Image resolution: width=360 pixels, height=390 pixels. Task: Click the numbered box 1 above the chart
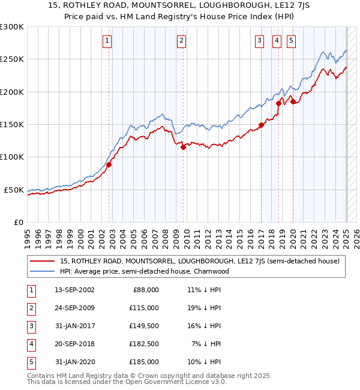(107, 41)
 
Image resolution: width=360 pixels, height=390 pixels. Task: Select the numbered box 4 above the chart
(277, 41)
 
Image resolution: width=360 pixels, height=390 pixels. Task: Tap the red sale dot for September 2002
(109, 164)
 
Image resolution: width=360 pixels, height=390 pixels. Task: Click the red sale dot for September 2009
(184, 147)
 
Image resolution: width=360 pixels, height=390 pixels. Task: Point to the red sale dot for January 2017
(261, 125)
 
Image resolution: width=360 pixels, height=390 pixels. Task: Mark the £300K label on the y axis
(12, 27)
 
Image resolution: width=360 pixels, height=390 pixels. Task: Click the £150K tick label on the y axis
(12, 125)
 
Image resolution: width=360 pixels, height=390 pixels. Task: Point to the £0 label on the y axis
(18, 222)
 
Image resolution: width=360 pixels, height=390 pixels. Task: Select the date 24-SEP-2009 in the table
(74, 308)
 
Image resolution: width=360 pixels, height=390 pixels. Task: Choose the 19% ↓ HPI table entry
(205, 308)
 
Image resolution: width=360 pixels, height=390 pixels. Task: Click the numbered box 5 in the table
(31, 362)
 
